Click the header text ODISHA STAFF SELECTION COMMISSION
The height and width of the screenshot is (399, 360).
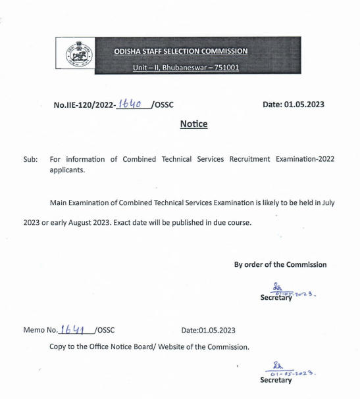click(181, 51)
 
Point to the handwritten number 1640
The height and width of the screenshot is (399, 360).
click(131, 103)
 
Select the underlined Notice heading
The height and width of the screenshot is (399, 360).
click(193, 124)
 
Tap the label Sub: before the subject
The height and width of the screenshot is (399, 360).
click(30, 160)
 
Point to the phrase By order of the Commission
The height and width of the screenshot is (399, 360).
click(280, 264)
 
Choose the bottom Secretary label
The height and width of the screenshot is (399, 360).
click(275, 380)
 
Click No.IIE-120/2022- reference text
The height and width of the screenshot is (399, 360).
click(84, 105)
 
